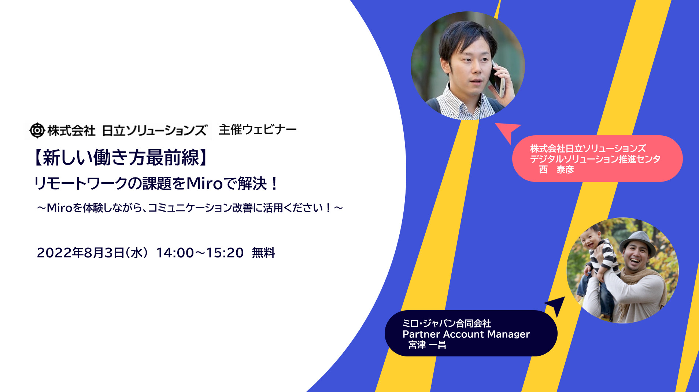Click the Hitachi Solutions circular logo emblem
[x=37, y=130]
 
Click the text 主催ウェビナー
[x=258, y=129]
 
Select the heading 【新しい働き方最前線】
[x=121, y=158]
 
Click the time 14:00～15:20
[x=200, y=253]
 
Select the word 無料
[x=263, y=253]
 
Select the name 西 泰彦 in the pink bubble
[x=556, y=169]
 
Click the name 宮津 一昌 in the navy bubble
[x=427, y=345]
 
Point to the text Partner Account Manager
[x=466, y=334]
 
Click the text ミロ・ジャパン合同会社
[x=447, y=323]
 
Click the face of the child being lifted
[x=591, y=239]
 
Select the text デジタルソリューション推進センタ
[x=595, y=159]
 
